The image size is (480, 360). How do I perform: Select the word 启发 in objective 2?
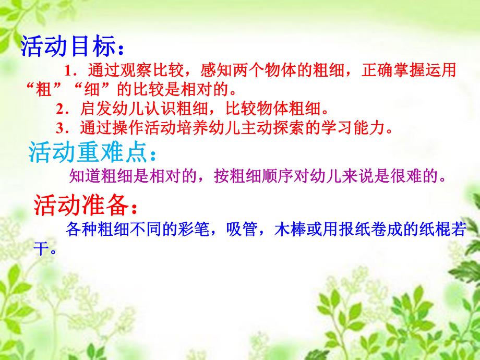point(92,109)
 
